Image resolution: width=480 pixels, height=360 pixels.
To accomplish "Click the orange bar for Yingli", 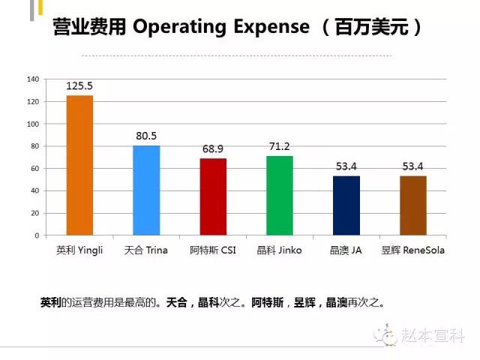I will [x=79, y=165].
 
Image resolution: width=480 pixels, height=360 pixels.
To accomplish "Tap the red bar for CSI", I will [x=213, y=196].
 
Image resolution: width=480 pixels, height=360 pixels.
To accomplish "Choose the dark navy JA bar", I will [x=346, y=205].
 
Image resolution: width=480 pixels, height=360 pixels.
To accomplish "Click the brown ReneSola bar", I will [x=412, y=205].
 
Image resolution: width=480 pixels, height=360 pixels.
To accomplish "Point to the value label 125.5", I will [x=79, y=86].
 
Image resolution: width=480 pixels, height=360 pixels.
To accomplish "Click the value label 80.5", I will [x=146, y=136].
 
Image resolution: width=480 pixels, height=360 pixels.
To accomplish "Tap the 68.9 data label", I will [x=213, y=149].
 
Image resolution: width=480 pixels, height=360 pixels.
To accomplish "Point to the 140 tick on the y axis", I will [x=32, y=79].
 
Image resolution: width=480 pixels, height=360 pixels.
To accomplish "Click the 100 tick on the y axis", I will [x=32, y=124].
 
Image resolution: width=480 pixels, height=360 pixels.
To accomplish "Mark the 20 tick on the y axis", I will [x=34, y=213].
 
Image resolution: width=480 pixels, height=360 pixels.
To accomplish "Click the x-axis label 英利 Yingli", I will [x=79, y=250].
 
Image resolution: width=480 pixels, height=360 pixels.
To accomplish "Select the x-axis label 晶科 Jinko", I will [x=279, y=250].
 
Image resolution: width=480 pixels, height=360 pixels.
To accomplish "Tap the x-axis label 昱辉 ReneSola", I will [x=412, y=250].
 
